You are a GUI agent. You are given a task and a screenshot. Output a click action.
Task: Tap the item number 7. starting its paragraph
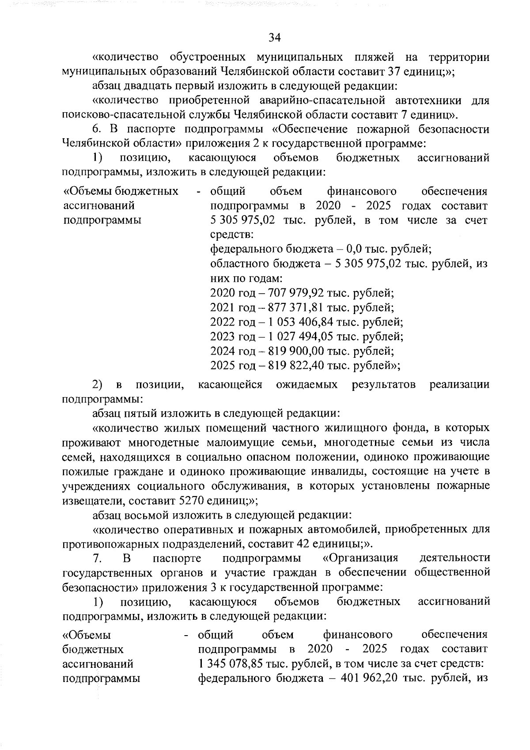tap(98, 558)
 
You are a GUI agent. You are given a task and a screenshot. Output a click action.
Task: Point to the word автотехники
tap(424, 100)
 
